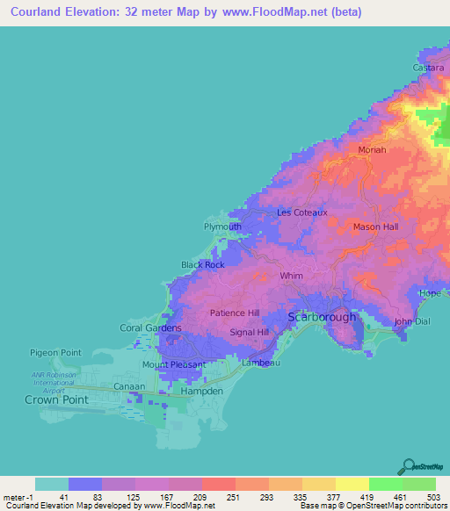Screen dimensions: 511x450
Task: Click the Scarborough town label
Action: [323, 317]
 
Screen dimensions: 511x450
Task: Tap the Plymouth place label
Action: [222, 227]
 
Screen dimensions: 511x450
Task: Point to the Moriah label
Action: [372, 150]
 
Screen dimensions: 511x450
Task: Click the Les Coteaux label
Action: [301, 212]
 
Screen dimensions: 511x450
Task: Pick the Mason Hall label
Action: [375, 227]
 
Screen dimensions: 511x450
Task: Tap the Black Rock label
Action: [202, 264]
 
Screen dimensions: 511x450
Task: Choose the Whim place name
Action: [291, 276]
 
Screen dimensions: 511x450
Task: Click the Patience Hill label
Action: [234, 313]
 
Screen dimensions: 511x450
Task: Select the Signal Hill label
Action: [249, 333]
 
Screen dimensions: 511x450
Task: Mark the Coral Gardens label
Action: [150, 328]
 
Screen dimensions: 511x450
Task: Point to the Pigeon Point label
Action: [55, 352]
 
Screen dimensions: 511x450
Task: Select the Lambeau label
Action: [259, 362]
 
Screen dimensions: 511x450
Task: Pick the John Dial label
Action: [413, 321]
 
